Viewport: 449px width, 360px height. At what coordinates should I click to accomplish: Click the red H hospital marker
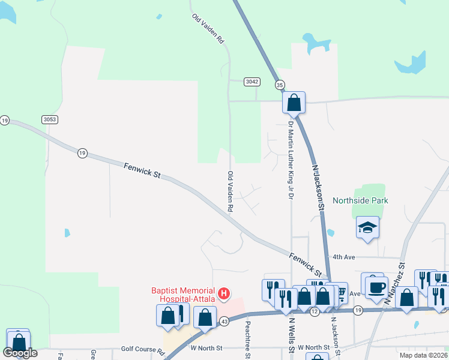[x=224, y=293]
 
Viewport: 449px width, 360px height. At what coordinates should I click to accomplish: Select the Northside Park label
[x=361, y=201]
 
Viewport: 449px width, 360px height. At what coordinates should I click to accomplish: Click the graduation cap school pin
[x=367, y=227]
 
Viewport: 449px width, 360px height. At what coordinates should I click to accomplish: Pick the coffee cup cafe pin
[x=376, y=287]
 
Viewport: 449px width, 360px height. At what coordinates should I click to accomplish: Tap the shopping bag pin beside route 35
[x=294, y=103]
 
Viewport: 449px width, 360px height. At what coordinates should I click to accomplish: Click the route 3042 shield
[x=252, y=82]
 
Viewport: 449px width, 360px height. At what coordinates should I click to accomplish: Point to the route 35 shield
[x=280, y=85]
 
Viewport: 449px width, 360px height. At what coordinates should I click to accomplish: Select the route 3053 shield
[x=50, y=119]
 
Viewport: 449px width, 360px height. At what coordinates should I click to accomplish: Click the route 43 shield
[x=223, y=322]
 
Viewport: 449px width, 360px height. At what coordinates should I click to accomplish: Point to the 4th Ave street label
[x=345, y=257]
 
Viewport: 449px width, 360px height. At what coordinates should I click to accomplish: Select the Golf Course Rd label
[x=143, y=349]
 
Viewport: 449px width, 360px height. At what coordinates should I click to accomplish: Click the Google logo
[x=20, y=353]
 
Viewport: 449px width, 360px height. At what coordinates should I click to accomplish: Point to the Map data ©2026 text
[x=423, y=355]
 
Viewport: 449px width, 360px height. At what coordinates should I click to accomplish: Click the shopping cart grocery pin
[x=341, y=292]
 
